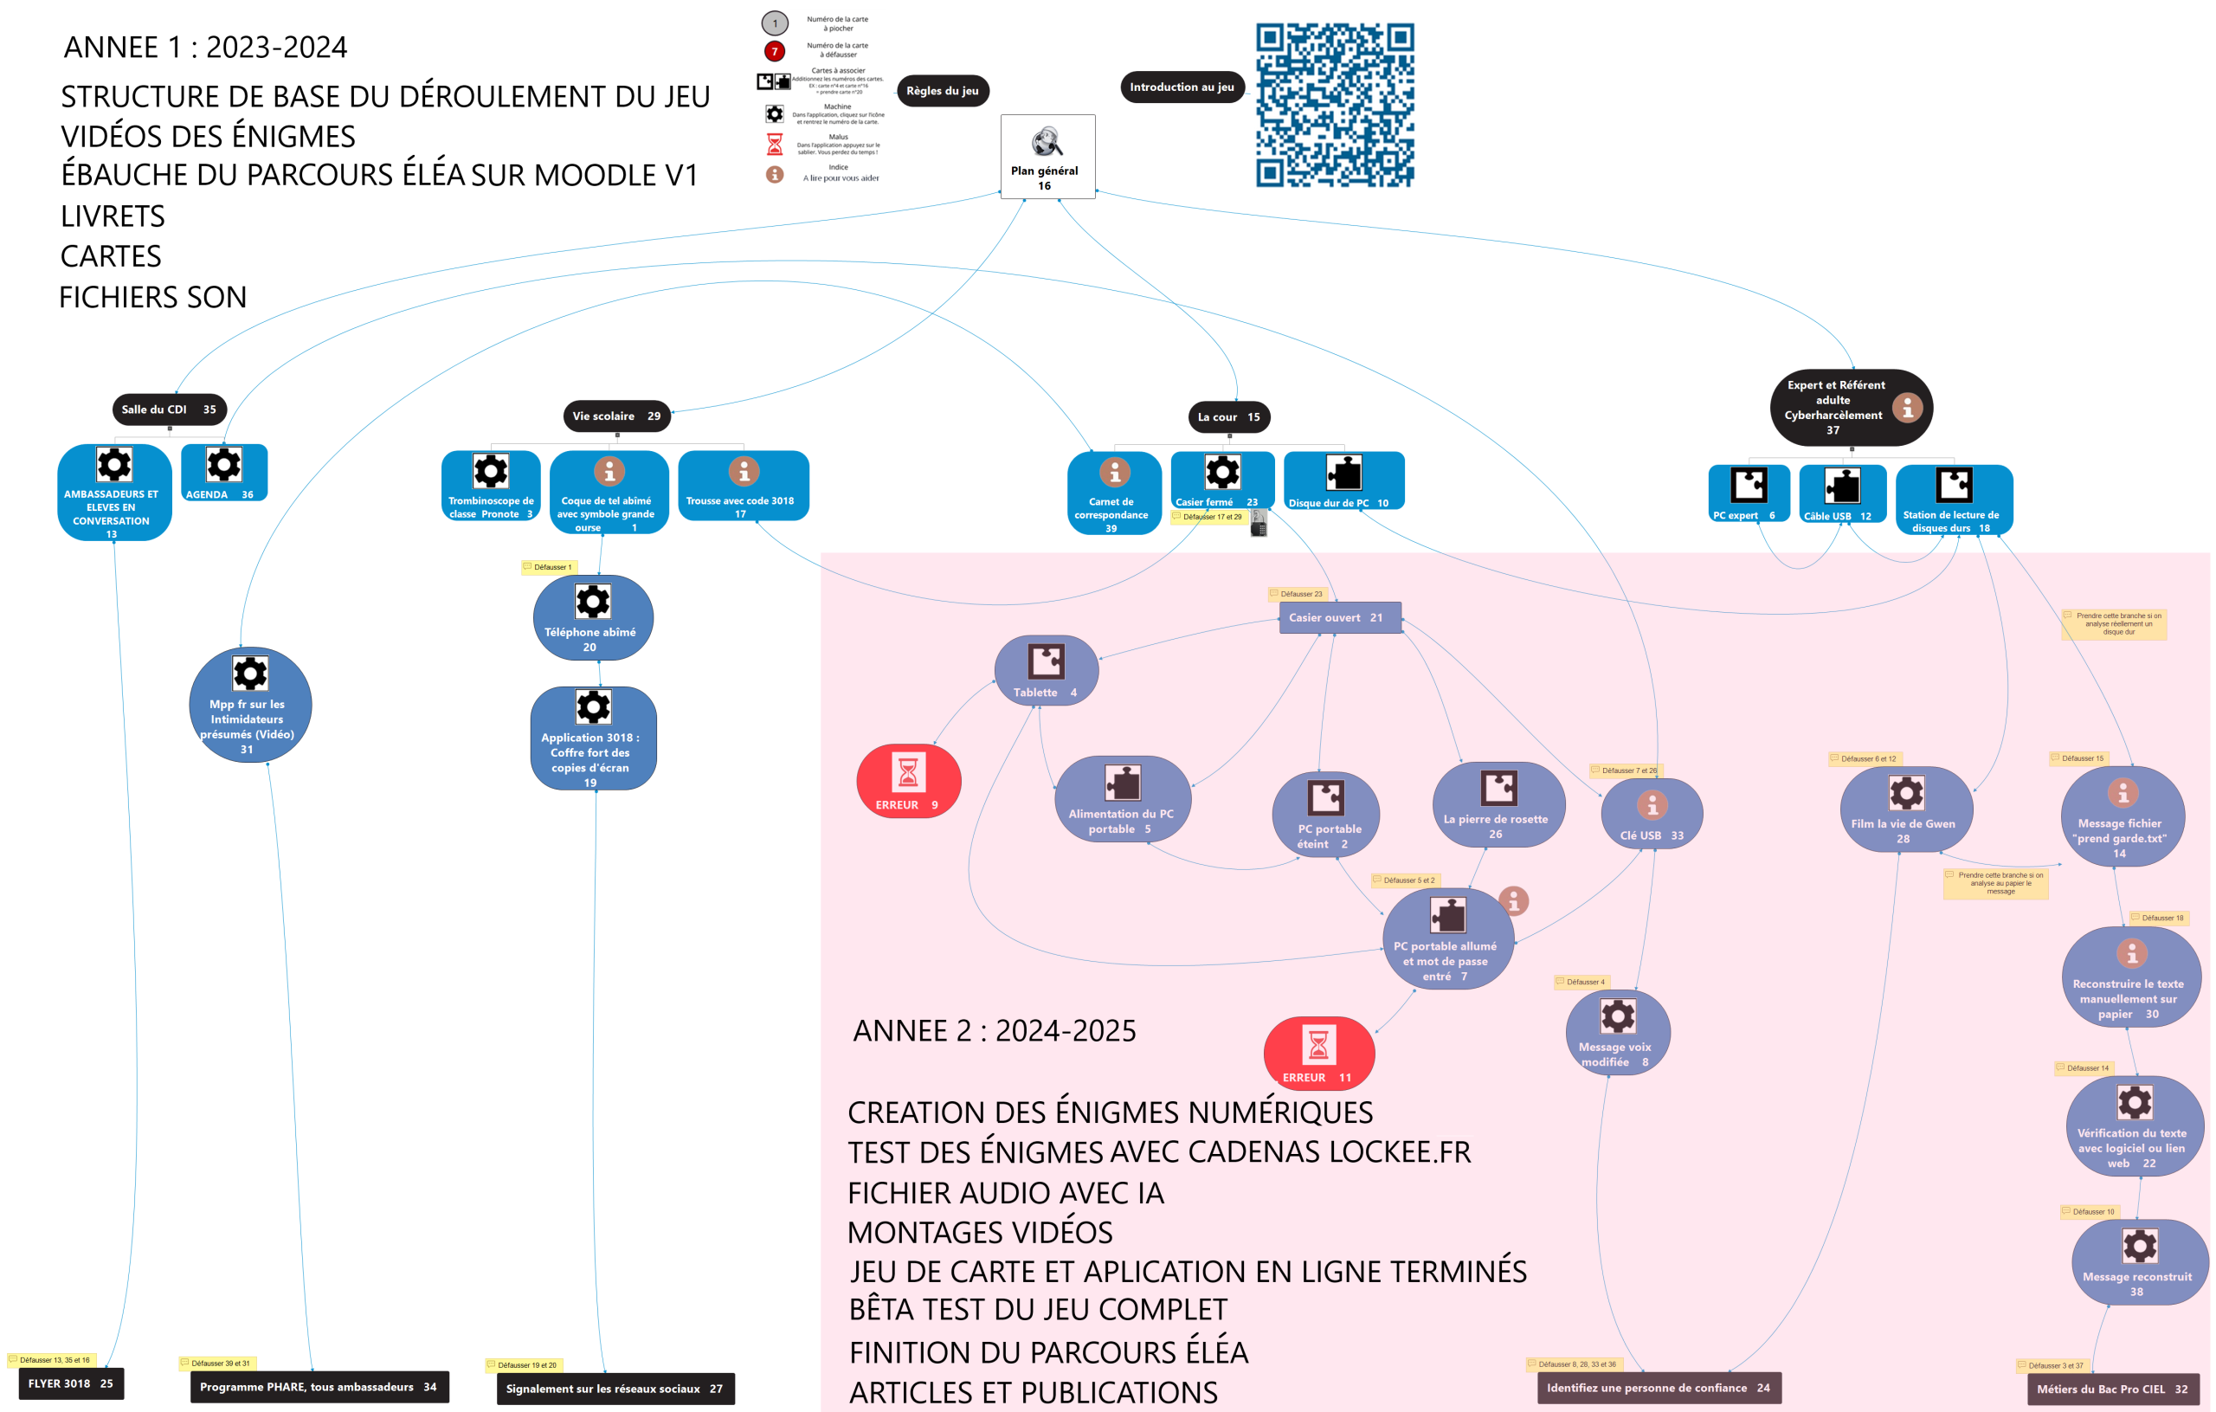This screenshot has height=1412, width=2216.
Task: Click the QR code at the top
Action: pyautogui.click(x=1335, y=105)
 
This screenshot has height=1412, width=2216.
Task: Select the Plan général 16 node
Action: pyautogui.click(x=1047, y=157)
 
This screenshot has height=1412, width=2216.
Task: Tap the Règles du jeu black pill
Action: pyautogui.click(x=943, y=91)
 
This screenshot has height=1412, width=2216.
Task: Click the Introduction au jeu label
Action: pyautogui.click(x=1182, y=87)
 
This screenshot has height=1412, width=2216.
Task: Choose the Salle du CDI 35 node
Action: pyautogui.click(x=169, y=409)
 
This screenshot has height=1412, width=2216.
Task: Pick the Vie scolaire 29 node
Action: pyautogui.click(x=616, y=416)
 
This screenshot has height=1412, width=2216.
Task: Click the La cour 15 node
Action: pyautogui.click(x=1228, y=417)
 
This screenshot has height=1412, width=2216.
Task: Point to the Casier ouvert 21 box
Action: pyautogui.click(x=1340, y=617)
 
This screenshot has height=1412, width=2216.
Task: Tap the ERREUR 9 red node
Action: pyautogui.click(x=908, y=782)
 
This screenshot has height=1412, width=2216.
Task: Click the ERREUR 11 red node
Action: pyautogui.click(x=1317, y=1053)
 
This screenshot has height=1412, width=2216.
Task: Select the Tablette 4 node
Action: pyautogui.click(x=1047, y=671)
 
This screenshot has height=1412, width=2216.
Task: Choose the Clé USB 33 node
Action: pyautogui.click(x=1652, y=814)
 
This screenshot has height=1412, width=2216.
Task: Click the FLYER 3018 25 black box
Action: pyautogui.click(x=71, y=1383)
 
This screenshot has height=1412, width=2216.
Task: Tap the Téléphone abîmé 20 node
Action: pyautogui.click(x=593, y=617)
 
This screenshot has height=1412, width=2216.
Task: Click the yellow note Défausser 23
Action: pyautogui.click(x=1297, y=594)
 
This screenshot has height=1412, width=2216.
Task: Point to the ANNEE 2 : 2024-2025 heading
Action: pyautogui.click(x=994, y=1031)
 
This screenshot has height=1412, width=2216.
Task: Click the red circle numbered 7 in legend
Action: pyautogui.click(x=775, y=50)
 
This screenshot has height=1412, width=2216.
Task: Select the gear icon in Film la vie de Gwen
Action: pyautogui.click(x=1906, y=792)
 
